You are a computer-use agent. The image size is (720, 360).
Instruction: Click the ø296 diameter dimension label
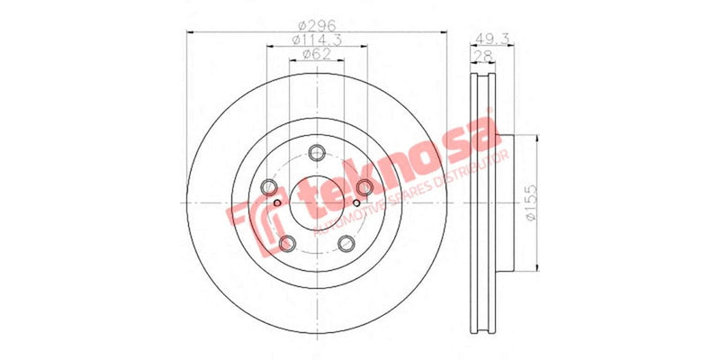pos(317,26)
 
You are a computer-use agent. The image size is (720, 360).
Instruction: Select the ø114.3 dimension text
pos(317,41)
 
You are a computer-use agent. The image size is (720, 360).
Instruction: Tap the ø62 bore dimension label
pos(317,56)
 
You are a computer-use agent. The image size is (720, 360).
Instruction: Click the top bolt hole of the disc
pos(316,152)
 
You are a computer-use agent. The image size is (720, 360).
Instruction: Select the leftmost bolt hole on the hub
pos(268,187)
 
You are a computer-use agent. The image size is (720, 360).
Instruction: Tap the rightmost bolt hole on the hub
pos(364,187)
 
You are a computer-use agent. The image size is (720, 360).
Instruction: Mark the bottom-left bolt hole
pos(286,243)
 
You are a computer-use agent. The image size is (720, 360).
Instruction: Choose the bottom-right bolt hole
pos(346,243)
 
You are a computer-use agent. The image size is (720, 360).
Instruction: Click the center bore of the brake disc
pos(316,202)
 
